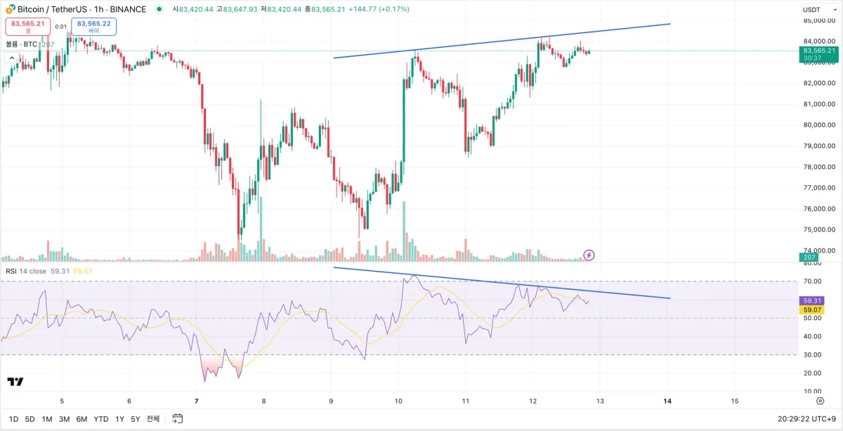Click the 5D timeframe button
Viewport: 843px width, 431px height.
30,419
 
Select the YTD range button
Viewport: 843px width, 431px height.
101,419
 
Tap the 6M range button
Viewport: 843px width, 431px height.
81,419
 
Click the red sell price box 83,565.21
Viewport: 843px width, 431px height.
28,27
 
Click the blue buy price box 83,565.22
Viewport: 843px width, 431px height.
93,27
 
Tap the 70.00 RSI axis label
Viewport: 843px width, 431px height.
812,281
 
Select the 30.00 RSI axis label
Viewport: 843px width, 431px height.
812,354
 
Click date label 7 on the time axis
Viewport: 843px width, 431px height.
197,402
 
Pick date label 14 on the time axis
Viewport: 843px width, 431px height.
667,402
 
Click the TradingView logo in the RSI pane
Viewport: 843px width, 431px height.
15,382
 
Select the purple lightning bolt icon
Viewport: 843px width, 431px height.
589,255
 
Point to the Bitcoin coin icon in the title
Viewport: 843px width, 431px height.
11,10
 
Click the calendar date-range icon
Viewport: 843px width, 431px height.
178,419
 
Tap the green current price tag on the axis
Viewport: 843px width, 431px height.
818,54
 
